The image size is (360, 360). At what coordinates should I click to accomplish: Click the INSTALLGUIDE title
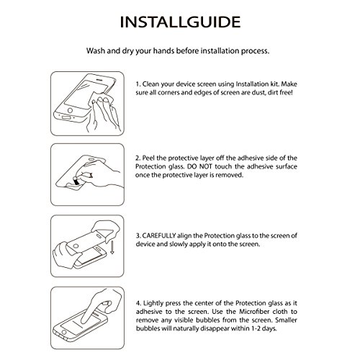pyautogui.click(x=180, y=22)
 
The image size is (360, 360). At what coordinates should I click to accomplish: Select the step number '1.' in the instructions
pyautogui.click(x=138, y=84)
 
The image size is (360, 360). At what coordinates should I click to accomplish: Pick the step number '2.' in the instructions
pyautogui.click(x=138, y=158)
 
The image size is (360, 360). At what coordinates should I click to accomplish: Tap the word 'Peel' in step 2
pyautogui.click(x=148, y=158)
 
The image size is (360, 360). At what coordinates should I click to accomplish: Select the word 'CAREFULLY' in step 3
pyautogui.click(x=159, y=235)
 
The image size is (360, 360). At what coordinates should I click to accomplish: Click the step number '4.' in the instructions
pyautogui.click(x=138, y=303)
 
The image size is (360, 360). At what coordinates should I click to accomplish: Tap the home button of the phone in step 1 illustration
pyautogui.click(x=70, y=110)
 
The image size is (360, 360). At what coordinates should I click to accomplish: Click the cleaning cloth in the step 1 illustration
pyautogui.click(x=101, y=99)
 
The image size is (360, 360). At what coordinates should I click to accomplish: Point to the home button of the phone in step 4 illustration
pyautogui.click(x=64, y=333)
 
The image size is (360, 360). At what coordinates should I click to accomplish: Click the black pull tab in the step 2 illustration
pyautogui.click(x=76, y=181)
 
